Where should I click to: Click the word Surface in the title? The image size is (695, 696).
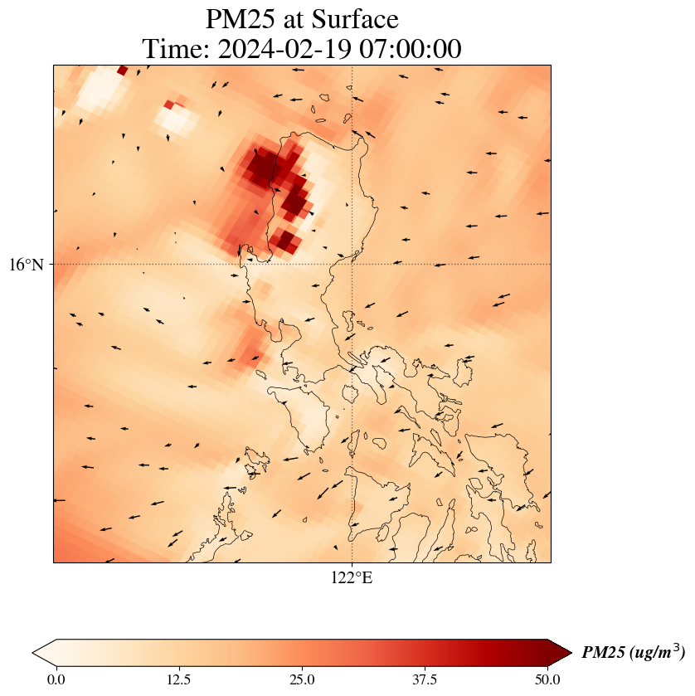pyautogui.click(x=352, y=19)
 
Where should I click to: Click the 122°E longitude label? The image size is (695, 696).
pyautogui.click(x=352, y=578)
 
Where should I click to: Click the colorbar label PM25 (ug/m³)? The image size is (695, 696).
pyautogui.click(x=633, y=653)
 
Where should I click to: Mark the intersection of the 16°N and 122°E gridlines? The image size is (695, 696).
pyautogui.click(x=352, y=264)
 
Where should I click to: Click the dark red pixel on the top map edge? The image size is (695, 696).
pyautogui.click(x=123, y=71)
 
